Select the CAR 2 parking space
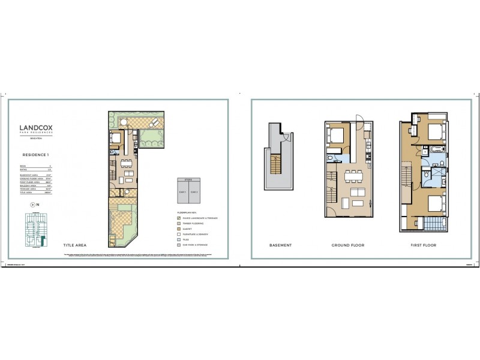193,191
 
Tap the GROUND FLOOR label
347,245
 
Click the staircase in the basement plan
277,164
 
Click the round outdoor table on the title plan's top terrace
124,122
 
